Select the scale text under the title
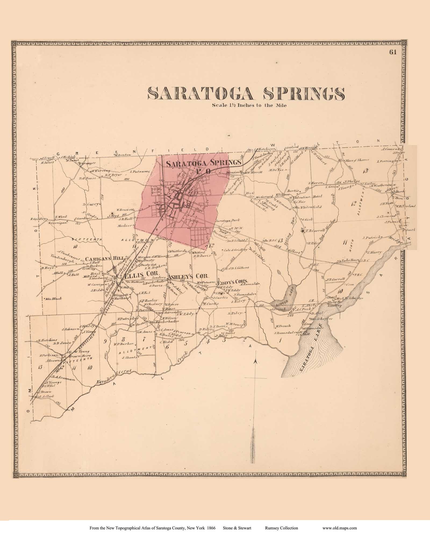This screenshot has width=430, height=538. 246,106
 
